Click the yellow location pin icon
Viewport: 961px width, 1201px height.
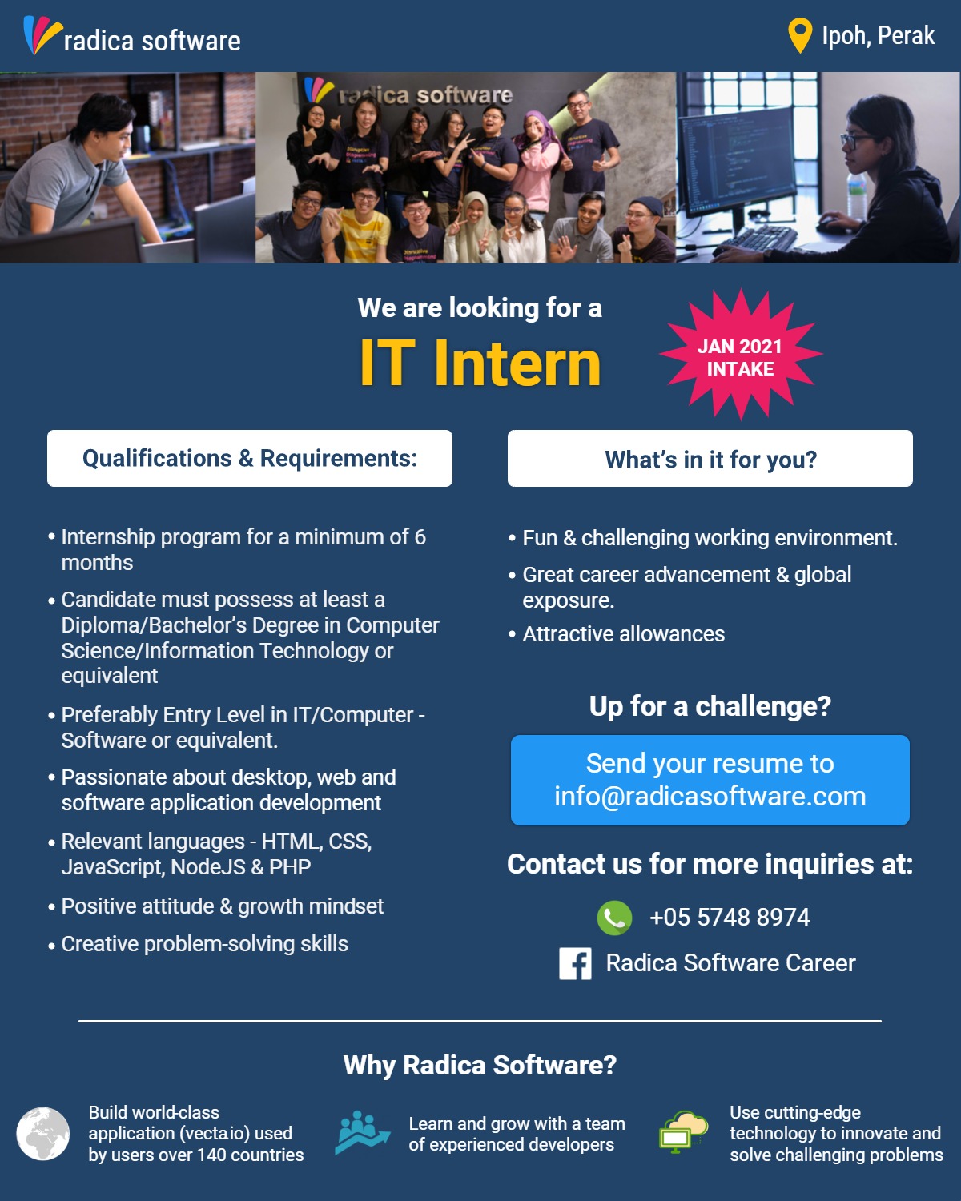point(799,34)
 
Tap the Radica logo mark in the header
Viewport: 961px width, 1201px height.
point(42,35)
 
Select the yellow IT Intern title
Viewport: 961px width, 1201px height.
point(480,363)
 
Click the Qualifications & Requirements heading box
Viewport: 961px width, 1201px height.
point(250,458)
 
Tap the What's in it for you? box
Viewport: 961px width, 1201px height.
point(710,458)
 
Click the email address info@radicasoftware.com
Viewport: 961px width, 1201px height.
point(710,797)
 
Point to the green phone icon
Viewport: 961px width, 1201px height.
point(614,918)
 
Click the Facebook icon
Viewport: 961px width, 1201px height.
point(575,964)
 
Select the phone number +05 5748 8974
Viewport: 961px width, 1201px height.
point(730,918)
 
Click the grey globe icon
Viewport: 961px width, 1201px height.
point(43,1134)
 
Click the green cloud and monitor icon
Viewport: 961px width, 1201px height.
point(683,1132)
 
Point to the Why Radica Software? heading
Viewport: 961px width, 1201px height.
point(480,1065)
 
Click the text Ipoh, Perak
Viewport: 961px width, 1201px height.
point(878,36)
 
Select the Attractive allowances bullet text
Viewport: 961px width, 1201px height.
point(623,634)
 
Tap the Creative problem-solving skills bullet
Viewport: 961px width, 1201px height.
point(204,944)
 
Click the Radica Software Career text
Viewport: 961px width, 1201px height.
point(730,963)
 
